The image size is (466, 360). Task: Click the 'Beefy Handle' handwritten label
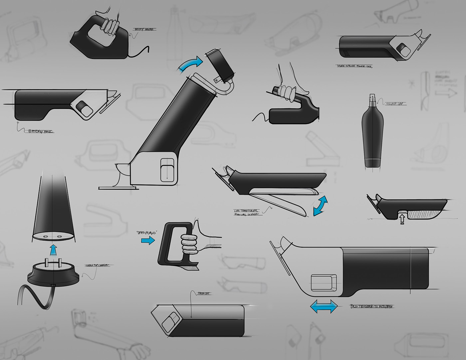click(x=144, y=30)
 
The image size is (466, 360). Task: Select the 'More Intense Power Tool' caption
click(x=355, y=66)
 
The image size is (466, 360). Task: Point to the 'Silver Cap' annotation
click(x=395, y=104)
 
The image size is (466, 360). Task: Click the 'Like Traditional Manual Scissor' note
click(x=246, y=213)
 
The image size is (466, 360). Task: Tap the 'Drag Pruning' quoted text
click(x=146, y=233)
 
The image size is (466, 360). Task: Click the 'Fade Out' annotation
click(x=204, y=293)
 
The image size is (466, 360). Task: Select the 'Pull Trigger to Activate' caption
click(x=371, y=306)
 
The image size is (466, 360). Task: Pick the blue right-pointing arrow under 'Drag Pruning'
click(x=148, y=240)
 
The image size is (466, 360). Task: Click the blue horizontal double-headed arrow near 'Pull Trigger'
click(x=324, y=306)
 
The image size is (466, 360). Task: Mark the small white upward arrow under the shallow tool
click(x=402, y=219)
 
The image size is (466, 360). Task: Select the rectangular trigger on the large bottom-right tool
click(x=323, y=282)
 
